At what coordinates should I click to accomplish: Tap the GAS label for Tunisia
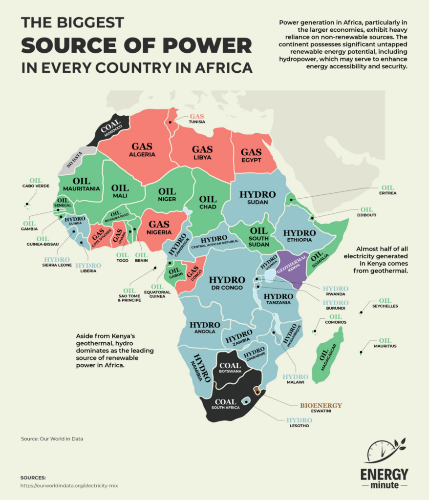click(197, 116)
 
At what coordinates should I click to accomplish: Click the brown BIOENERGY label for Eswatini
click(314, 405)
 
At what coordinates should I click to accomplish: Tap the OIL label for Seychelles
click(385, 300)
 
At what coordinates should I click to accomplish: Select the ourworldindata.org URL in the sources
click(69, 486)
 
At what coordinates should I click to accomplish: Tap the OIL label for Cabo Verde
click(36, 180)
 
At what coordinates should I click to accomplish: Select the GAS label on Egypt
click(251, 152)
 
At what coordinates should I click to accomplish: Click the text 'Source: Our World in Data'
click(52, 438)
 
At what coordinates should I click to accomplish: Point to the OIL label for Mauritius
click(385, 340)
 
